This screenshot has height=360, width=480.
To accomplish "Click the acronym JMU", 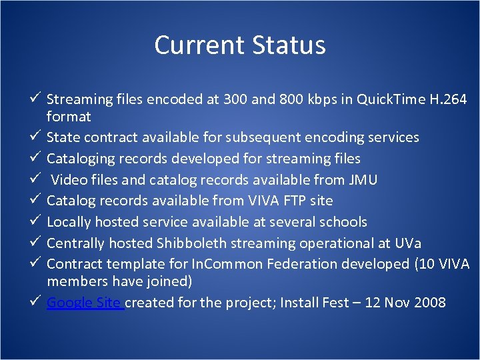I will tap(364, 179).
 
